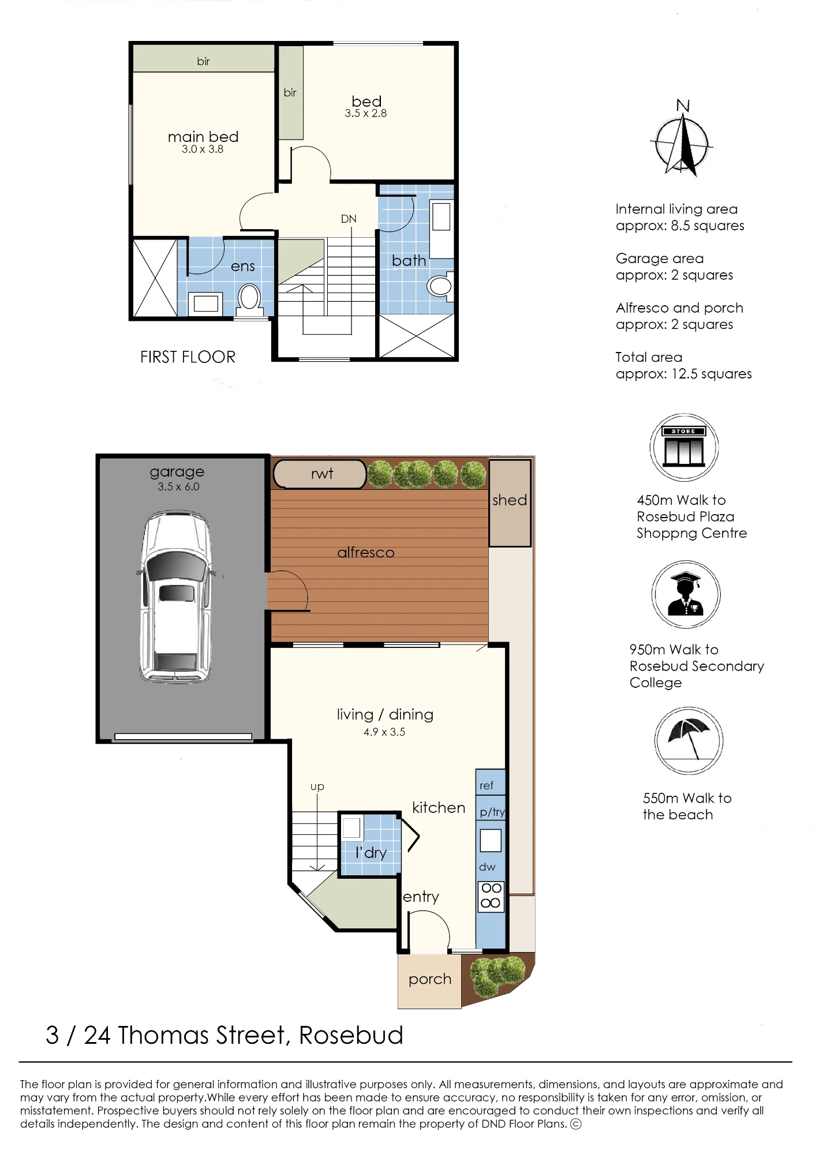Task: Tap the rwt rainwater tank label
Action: point(322,474)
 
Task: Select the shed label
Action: point(510,500)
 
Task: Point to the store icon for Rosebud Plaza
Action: point(684,447)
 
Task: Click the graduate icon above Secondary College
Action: point(686,594)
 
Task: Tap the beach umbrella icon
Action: point(689,741)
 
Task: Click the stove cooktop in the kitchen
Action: point(491,897)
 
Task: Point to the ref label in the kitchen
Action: point(487,785)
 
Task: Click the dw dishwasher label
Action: point(487,867)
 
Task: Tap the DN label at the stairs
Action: point(349,219)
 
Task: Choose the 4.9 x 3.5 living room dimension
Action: point(384,732)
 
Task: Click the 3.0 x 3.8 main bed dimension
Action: point(203,149)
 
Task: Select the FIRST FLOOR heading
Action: point(188,357)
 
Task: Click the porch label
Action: point(430,979)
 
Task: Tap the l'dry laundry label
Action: point(371,852)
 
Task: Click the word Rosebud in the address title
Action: point(351,1035)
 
